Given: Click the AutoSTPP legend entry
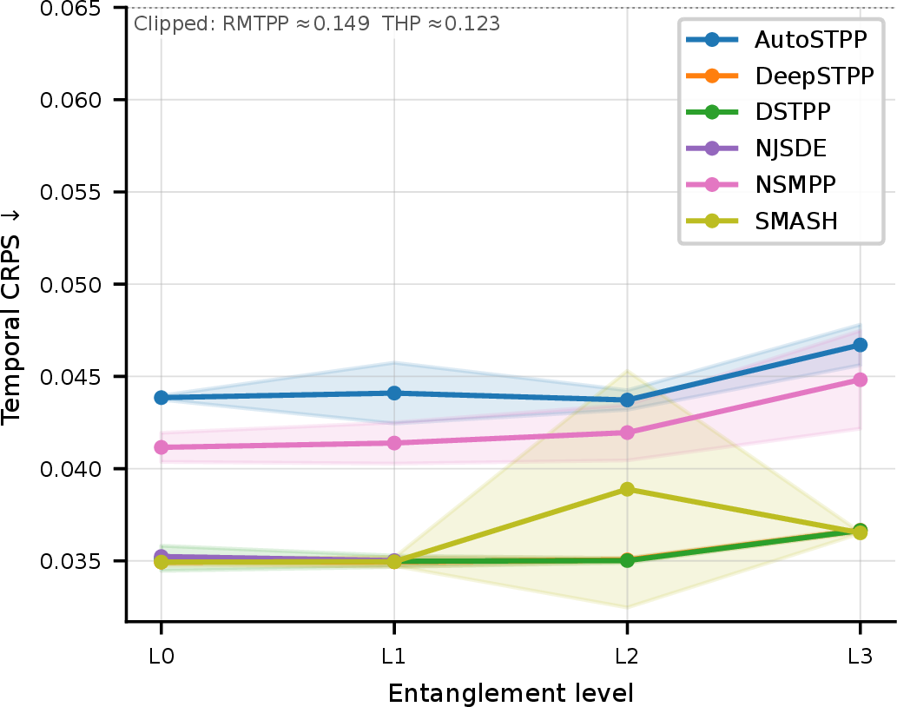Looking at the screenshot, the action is [777, 39].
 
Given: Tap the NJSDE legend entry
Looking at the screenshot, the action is [756, 149].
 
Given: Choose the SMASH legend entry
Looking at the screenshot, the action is [762, 221].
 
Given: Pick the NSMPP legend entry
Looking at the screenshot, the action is [761, 184].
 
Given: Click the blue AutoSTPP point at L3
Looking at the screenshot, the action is [860, 345].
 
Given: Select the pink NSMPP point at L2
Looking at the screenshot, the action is [627, 433].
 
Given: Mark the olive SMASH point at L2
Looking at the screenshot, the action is [627, 489].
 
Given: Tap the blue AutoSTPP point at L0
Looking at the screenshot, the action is [162, 398].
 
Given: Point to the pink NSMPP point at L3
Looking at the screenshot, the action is [860, 380].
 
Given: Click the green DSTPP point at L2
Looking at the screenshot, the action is [627, 560].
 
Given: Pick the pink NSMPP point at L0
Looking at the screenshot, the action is [162, 447].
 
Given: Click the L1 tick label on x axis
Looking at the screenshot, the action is [393, 656].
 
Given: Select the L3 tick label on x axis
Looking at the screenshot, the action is [860, 656].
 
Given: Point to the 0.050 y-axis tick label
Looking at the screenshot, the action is [70, 284].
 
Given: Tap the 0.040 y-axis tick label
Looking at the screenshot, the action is [70, 469].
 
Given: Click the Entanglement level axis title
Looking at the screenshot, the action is [511, 693].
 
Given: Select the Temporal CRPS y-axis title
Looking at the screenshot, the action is [11, 317].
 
